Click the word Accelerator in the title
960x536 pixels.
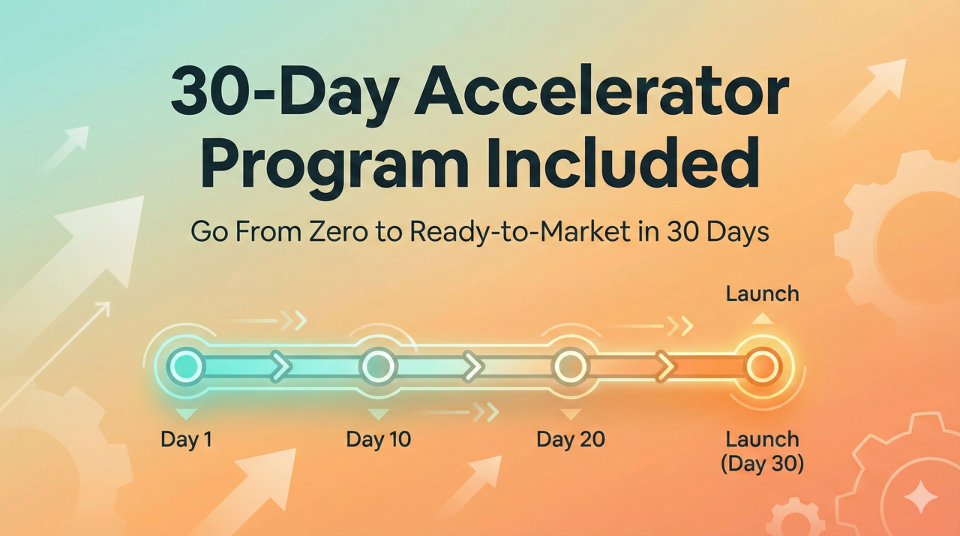tap(601, 92)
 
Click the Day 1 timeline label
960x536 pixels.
tap(187, 439)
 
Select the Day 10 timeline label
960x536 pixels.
tap(379, 439)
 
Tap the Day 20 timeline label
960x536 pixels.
tap(571, 439)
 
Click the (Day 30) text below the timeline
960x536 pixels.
tap(763, 463)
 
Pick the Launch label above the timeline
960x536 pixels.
tap(763, 294)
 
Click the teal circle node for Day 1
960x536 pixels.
tap(187, 366)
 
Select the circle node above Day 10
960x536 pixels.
tap(379, 366)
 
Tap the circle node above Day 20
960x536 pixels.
tap(571, 366)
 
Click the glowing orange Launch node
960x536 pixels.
tap(763, 366)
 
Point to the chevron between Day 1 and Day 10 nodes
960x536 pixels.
tap(281, 366)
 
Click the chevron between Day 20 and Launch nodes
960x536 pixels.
tap(665, 366)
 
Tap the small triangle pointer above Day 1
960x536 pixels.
tap(187, 414)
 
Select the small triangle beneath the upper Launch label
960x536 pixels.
tap(763, 318)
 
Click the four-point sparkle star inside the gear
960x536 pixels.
tap(920, 496)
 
